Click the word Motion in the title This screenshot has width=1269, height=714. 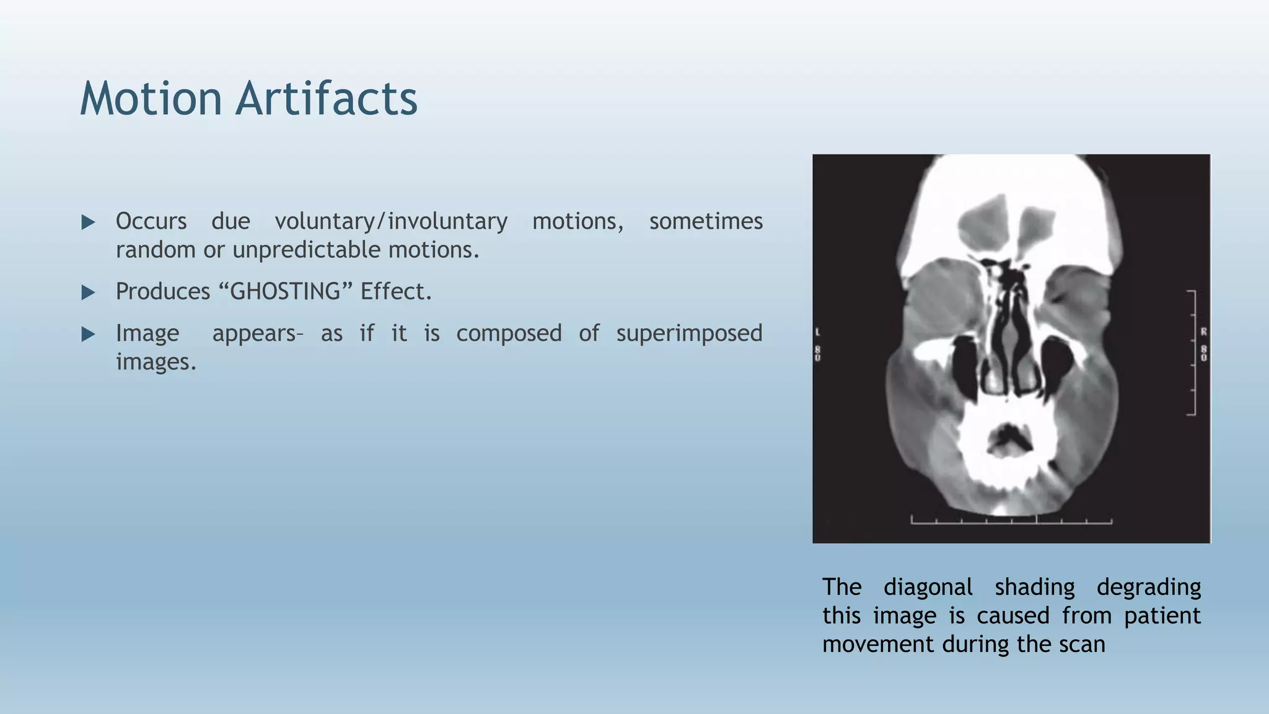click(151, 99)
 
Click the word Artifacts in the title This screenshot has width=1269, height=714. click(326, 99)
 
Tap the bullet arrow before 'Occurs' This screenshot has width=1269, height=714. click(89, 222)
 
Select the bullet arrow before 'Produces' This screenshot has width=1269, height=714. click(89, 293)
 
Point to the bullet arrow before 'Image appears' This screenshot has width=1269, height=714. click(89, 335)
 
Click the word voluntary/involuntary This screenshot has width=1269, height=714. click(391, 221)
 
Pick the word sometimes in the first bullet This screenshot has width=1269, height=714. click(706, 221)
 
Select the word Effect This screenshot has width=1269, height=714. click(395, 291)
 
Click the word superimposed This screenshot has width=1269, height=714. click(689, 333)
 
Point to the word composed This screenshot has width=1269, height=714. click(509, 333)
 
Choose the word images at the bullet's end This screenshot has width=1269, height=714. click(156, 362)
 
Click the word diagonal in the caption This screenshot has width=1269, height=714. click(928, 587)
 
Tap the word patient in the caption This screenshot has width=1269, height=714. click(1162, 615)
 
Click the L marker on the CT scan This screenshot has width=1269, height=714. click(818, 332)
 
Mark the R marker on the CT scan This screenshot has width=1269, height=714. click(1203, 332)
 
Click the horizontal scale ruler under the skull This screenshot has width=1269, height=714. click(1011, 521)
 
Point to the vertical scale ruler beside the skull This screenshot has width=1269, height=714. click(1192, 352)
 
